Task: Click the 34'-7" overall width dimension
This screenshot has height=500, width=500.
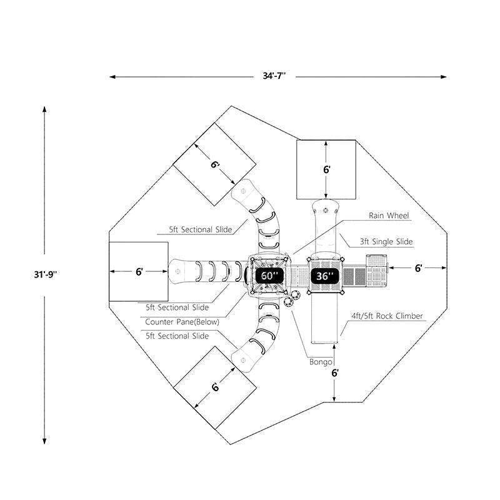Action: tap(274, 76)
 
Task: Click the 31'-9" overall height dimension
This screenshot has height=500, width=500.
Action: tap(45, 274)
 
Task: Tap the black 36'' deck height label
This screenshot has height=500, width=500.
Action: tap(324, 276)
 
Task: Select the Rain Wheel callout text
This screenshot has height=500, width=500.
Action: tap(388, 216)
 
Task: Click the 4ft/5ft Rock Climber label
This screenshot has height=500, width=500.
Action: tap(387, 316)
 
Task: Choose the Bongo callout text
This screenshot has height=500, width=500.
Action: tap(321, 362)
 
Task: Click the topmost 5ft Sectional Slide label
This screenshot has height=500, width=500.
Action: tap(200, 230)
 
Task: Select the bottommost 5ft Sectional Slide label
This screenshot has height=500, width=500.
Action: tap(177, 336)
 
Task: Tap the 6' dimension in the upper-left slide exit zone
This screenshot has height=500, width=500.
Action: tap(214, 165)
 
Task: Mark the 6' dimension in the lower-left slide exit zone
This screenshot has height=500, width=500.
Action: tap(215, 387)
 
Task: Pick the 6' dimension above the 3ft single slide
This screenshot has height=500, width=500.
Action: tap(326, 169)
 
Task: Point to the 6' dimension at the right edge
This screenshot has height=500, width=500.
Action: tap(418, 267)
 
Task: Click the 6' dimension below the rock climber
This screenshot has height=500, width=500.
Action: tap(336, 373)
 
